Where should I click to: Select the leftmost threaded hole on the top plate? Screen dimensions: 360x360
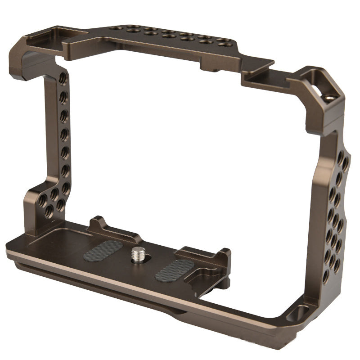[x=115, y=28]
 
